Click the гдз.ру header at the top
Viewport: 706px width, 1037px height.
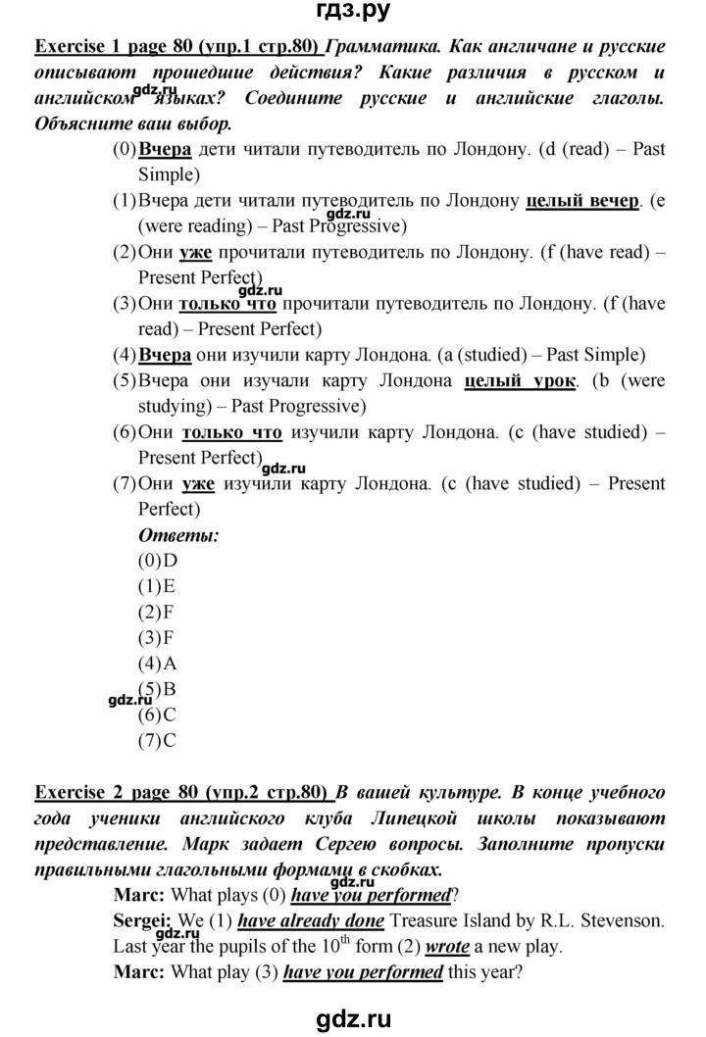click(x=353, y=14)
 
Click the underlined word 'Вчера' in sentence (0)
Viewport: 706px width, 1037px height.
click(x=166, y=151)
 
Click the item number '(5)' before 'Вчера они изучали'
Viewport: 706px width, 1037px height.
click(x=125, y=380)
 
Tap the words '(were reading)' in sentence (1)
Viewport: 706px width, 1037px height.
click(x=185, y=227)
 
